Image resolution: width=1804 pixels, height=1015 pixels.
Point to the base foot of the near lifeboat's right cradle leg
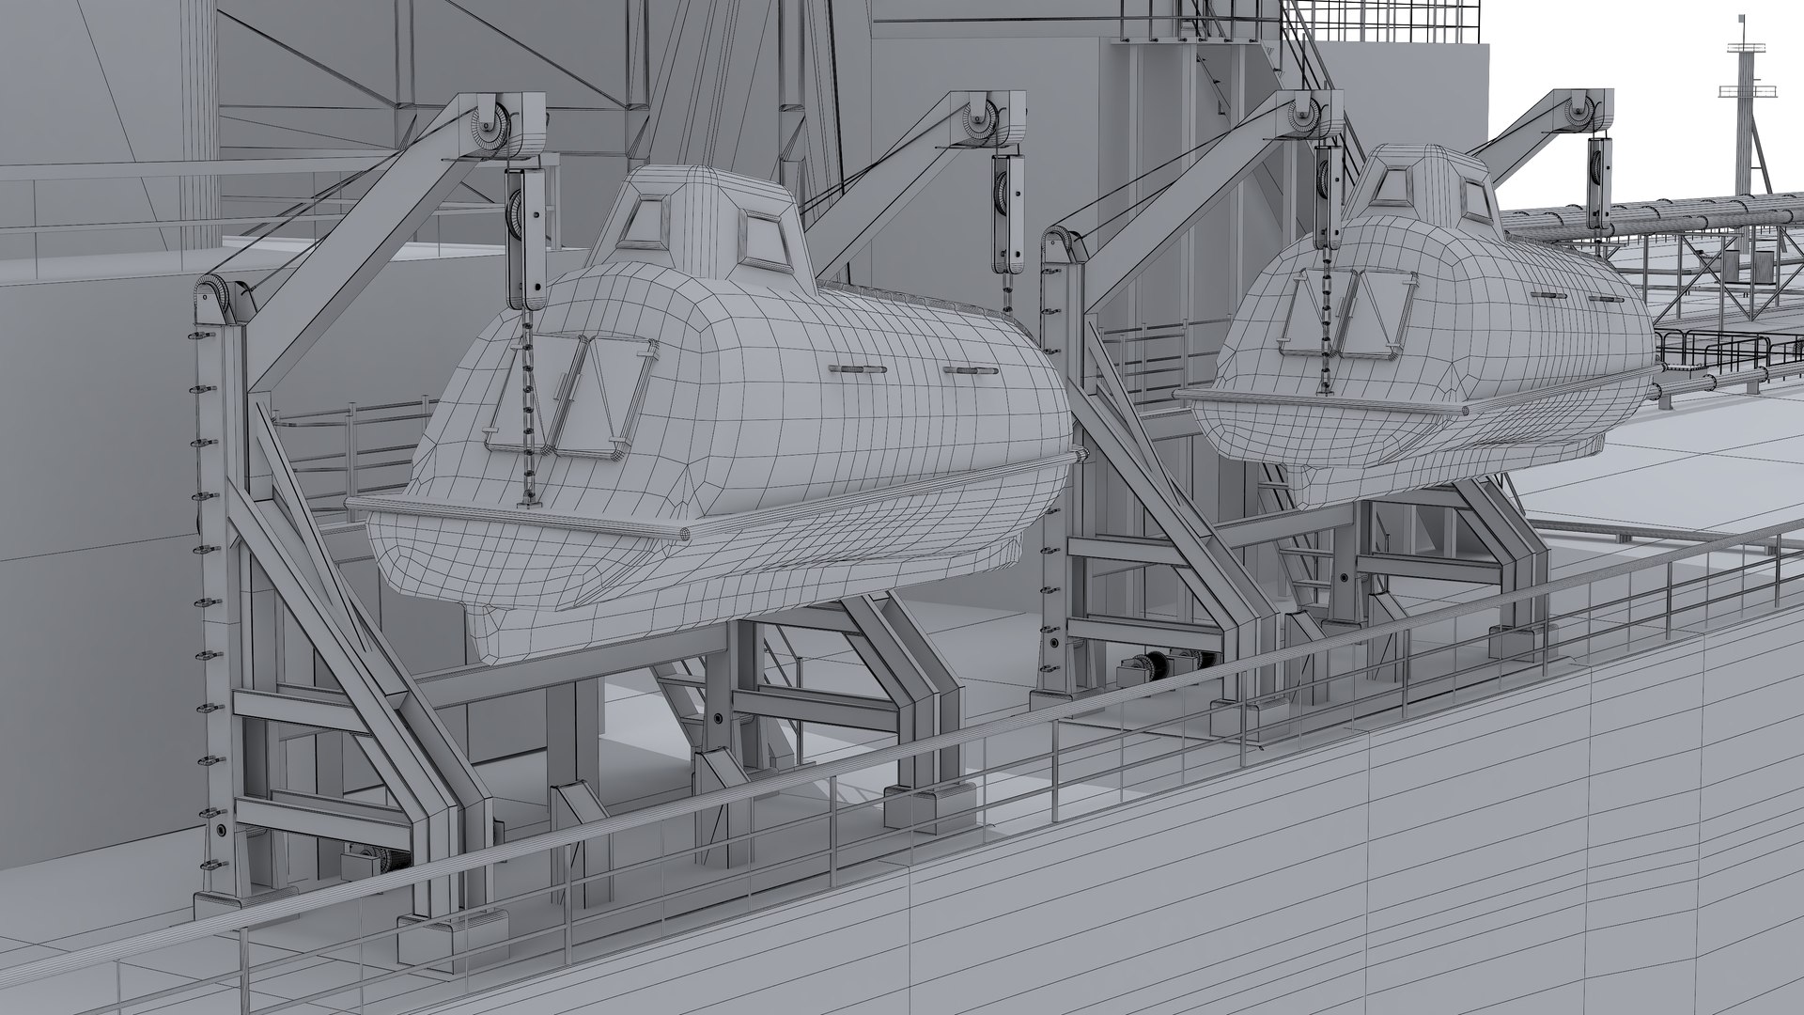pos(935,804)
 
